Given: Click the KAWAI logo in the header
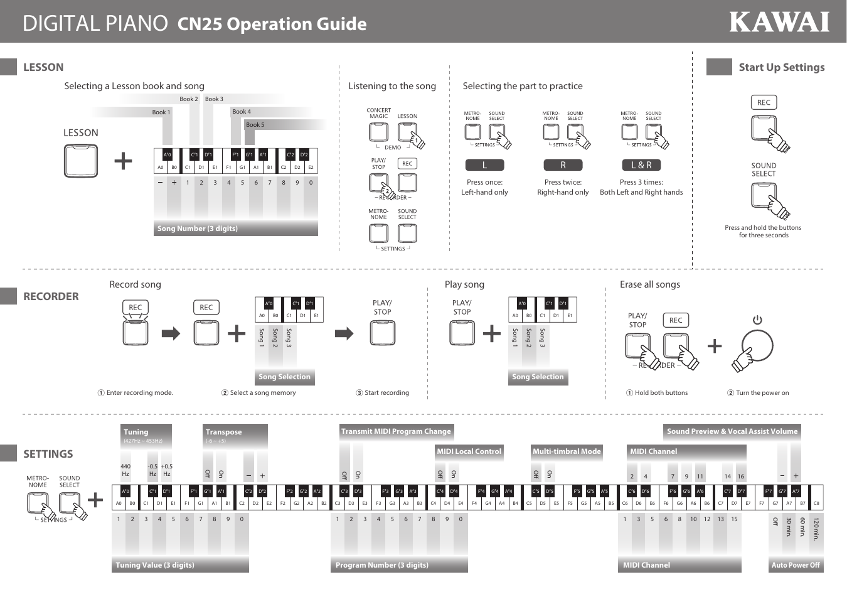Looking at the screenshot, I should [x=779, y=23].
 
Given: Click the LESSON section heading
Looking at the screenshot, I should [x=43, y=67].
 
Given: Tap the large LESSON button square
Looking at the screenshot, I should [x=81, y=161].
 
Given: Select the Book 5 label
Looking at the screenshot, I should [x=255, y=125].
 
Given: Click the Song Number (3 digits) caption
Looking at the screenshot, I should [x=198, y=229].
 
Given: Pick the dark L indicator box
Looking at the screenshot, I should [x=484, y=165].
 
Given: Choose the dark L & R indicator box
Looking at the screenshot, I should [x=641, y=165].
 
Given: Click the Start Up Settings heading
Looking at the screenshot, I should [x=781, y=67].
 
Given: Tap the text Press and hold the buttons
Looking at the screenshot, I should [x=763, y=228].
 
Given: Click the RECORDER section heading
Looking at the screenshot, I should [x=51, y=296].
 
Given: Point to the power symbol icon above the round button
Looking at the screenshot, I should [x=757, y=320].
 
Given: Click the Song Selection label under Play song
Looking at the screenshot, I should [x=538, y=377].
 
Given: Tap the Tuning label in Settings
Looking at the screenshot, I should [x=136, y=432].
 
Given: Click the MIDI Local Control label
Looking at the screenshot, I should [x=469, y=451].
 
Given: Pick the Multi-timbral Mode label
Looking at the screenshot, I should [x=567, y=451].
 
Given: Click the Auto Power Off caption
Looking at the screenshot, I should [x=796, y=565].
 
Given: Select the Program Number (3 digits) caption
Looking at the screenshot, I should [x=382, y=565].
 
